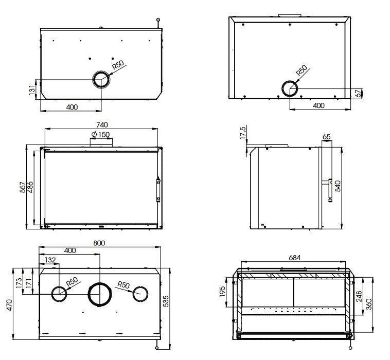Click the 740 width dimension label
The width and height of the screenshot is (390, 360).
click(x=102, y=125)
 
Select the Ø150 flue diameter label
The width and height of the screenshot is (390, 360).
click(x=100, y=135)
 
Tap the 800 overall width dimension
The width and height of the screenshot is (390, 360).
click(x=99, y=243)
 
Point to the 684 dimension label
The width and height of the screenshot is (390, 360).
click(x=294, y=258)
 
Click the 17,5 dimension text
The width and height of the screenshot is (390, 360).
click(x=243, y=133)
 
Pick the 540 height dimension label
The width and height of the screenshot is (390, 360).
click(x=338, y=186)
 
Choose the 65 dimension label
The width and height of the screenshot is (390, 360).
click(x=326, y=137)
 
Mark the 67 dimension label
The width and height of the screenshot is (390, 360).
click(x=359, y=93)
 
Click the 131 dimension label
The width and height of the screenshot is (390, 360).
click(x=32, y=90)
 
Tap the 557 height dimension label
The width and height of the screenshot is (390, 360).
click(x=23, y=187)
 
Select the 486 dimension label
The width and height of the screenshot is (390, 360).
click(x=30, y=187)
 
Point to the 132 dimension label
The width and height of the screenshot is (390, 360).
click(x=50, y=260)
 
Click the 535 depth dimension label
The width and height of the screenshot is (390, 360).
click(x=165, y=301)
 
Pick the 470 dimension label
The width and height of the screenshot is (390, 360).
click(x=9, y=305)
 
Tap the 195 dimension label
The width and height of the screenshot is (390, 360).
click(x=222, y=292)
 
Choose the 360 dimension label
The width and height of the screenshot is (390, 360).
click(x=369, y=304)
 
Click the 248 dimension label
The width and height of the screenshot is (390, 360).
click(x=359, y=296)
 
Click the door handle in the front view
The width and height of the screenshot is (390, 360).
click(x=158, y=189)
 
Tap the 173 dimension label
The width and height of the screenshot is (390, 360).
click(x=19, y=283)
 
